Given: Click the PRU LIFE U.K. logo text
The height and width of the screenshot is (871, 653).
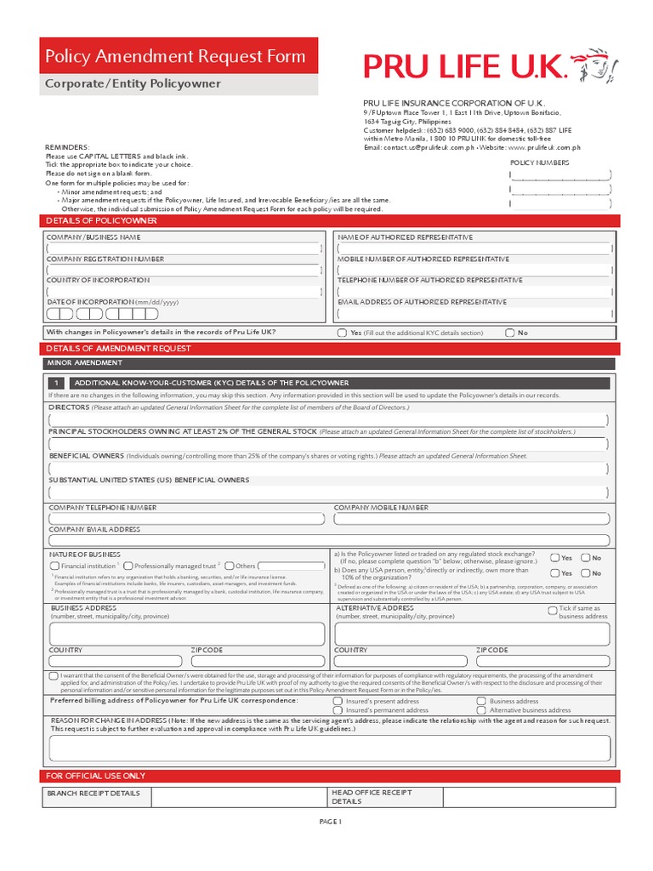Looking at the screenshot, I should pos(465,65).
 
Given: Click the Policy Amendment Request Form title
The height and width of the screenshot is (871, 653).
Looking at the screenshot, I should pos(175,57).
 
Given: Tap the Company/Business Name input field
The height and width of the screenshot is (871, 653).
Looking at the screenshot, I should pos(185,248).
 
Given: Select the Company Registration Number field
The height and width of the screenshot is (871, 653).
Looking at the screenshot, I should pos(185,270).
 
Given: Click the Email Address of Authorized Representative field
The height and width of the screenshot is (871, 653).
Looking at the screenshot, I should pos(474,313).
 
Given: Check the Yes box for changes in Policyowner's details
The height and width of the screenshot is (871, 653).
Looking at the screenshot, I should pos(342,333).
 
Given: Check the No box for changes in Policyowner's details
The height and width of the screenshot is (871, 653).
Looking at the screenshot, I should pos(510,333).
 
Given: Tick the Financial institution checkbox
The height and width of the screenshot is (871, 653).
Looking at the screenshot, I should pos(55,566).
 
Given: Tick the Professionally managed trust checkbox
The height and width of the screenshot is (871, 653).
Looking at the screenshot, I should pos(128,566).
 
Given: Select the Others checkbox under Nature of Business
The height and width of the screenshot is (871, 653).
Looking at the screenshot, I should pos(230,566).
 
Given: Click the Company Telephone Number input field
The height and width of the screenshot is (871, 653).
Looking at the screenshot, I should pos(187,519).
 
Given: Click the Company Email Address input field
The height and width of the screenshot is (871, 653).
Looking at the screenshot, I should pos(329,540).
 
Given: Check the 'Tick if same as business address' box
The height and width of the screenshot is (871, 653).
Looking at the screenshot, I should pos(553,609).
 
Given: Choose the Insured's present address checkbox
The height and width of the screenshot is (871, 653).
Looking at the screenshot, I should pos(338,702).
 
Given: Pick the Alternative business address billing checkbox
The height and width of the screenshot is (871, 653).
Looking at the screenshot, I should pos(482,710).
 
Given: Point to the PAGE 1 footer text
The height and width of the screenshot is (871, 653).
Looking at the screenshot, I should pos(330,823).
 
